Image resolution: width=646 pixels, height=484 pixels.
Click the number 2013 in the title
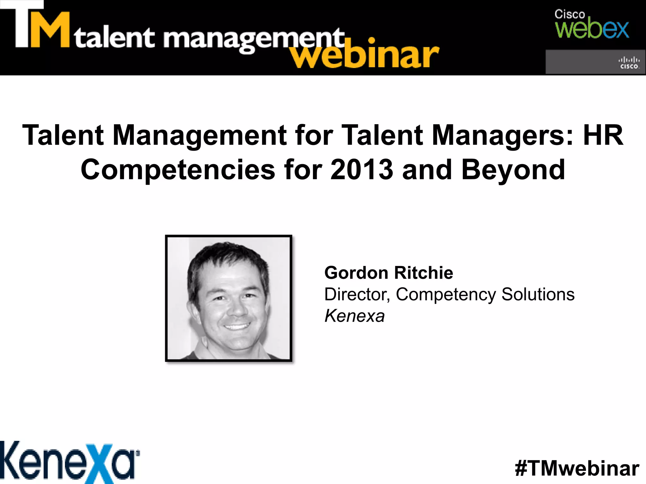click(362, 170)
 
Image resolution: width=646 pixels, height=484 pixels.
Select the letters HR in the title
click(603, 135)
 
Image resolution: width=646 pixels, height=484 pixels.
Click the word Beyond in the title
click(513, 170)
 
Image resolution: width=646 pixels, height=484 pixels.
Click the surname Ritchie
click(424, 273)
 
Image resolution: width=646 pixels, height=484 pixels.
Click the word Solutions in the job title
click(538, 295)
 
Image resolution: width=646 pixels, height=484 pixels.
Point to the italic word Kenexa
click(355, 316)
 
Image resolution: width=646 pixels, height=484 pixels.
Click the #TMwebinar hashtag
click(577, 468)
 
